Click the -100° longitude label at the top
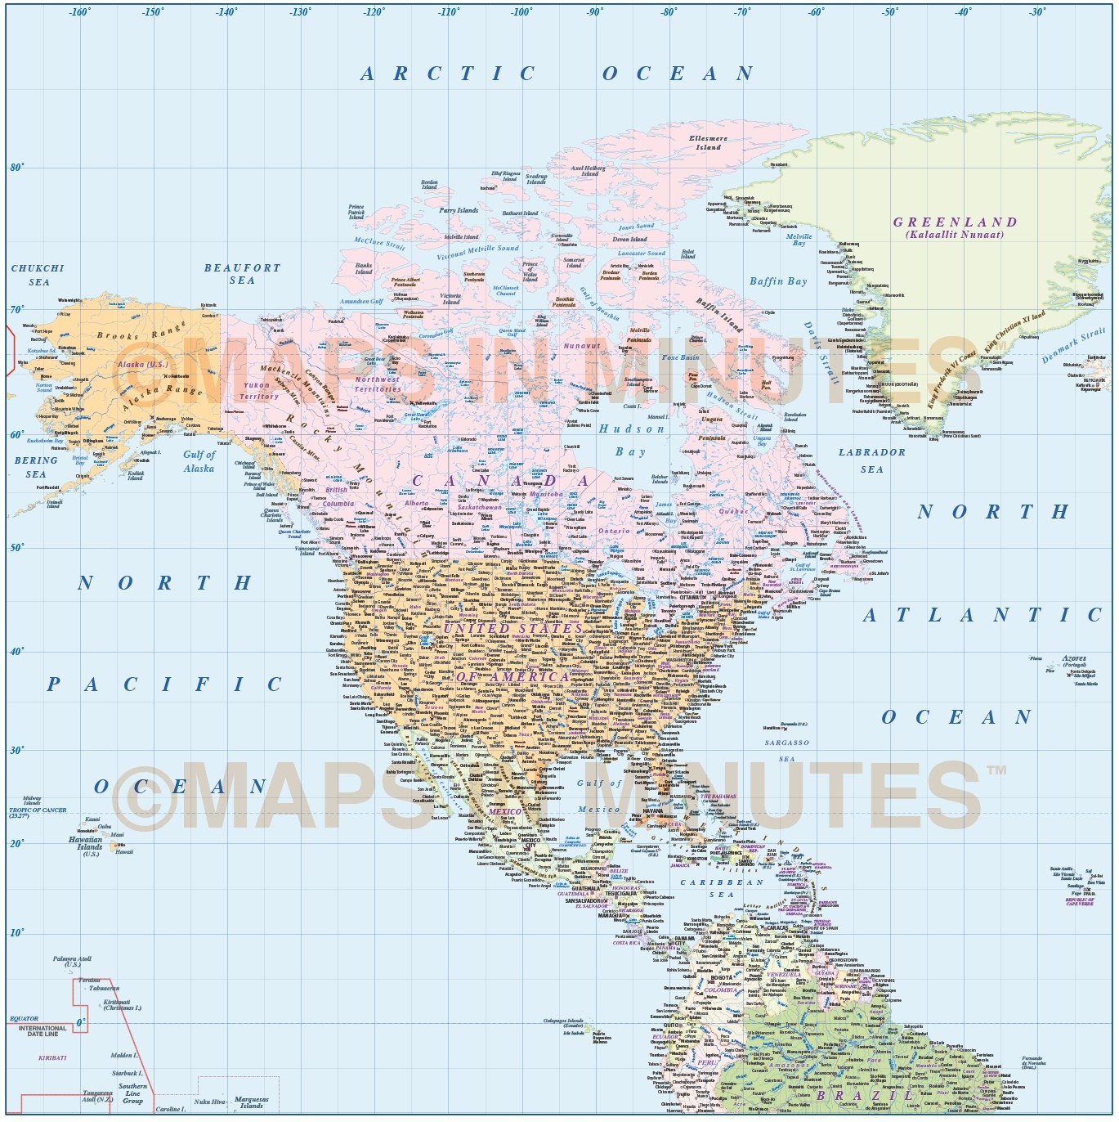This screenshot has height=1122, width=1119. tap(521, 11)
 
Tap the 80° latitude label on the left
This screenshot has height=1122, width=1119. tap(16, 167)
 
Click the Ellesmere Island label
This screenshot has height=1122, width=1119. tap(708, 143)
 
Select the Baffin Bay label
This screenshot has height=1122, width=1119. tap(778, 281)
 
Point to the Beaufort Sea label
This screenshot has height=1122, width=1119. tap(242, 274)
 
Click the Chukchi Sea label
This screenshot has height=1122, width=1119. tap(38, 275)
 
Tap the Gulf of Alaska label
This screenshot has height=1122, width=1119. tap(199, 461)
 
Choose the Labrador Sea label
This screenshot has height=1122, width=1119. tap(872, 460)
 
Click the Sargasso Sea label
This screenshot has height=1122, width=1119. tap(787, 750)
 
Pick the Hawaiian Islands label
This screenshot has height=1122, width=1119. tap(86, 843)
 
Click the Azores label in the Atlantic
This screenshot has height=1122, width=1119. tap(1074, 658)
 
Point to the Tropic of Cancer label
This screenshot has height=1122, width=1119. tap(38, 812)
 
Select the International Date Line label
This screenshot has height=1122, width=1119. tap(43, 1031)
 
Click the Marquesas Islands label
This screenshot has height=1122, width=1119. tap(251, 1102)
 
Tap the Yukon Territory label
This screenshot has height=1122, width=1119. tap(259, 390)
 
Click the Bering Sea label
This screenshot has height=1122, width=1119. tap(36, 467)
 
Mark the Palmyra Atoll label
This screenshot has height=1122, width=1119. tap(72, 961)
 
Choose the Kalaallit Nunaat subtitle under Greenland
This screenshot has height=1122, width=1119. tap(954, 235)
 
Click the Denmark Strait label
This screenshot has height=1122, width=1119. tap(1073, 346)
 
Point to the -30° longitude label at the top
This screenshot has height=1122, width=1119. tap(1037, 11)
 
